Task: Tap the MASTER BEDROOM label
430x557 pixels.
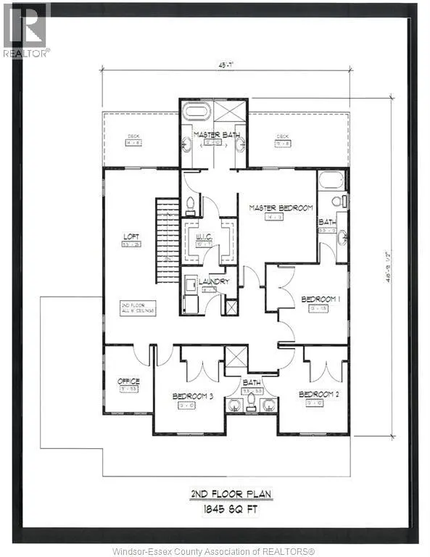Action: tap(281, 208)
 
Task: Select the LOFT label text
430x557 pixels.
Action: tap(132, 236)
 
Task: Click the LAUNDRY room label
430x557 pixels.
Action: tap(215, 281)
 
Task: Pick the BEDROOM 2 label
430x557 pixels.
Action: tap(319, 394)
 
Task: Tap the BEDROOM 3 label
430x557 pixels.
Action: tap(192, 396)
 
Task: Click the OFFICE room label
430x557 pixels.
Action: tap(128, 381)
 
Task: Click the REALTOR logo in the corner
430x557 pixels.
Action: tap(25, 30)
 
